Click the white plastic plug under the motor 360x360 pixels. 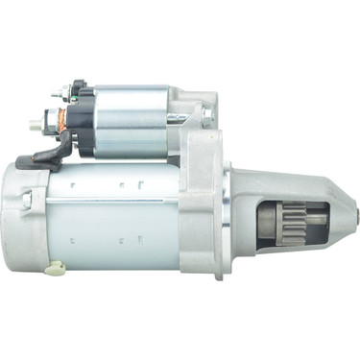[x=57, y=268]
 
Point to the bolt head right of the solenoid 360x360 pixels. [x=206, y=115]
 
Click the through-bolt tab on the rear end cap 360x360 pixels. [x=27, y=200]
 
